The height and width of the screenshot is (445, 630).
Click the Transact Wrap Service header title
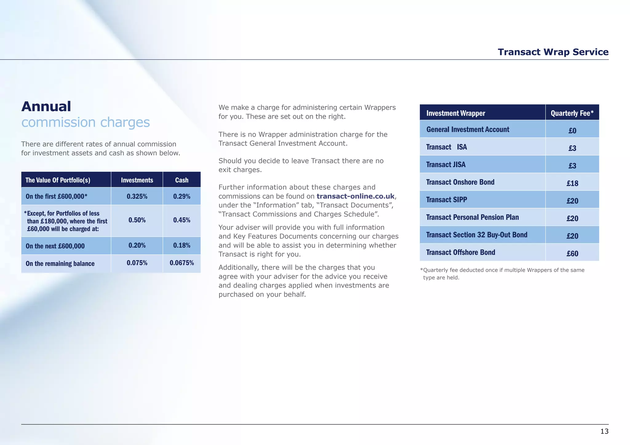pos(553,52)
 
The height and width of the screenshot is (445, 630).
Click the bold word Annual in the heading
pos(46,107)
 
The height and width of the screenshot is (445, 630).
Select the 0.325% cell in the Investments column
pos(137,196)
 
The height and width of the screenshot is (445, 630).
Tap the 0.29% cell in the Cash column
pos(181,196)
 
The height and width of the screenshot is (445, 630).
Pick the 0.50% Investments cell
pos(137,220)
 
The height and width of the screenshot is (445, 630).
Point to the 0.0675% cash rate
pos(181,263)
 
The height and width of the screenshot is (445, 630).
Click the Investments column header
pos(137,180)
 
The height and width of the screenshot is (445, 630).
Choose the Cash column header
pos(181,180)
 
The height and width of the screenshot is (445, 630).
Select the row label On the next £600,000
pos(55,246)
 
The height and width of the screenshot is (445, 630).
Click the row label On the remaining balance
pos(60,264)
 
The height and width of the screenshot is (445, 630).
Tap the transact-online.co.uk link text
pos(355,196)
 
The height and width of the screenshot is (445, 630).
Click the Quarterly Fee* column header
pos(572,113)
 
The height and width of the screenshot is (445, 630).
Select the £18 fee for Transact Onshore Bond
pos(572,183)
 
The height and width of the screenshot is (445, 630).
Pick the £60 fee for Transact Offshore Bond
pos(572,254)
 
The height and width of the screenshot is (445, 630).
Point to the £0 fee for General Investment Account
pos(572,131)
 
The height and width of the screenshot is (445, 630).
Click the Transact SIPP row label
pos(446,200)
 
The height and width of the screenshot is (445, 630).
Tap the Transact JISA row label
pos(446,165)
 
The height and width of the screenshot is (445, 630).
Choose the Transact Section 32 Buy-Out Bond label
pos(476,235)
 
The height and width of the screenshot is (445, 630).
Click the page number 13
pos(604,431)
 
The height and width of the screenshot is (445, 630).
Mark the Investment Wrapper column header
pos(456,113)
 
